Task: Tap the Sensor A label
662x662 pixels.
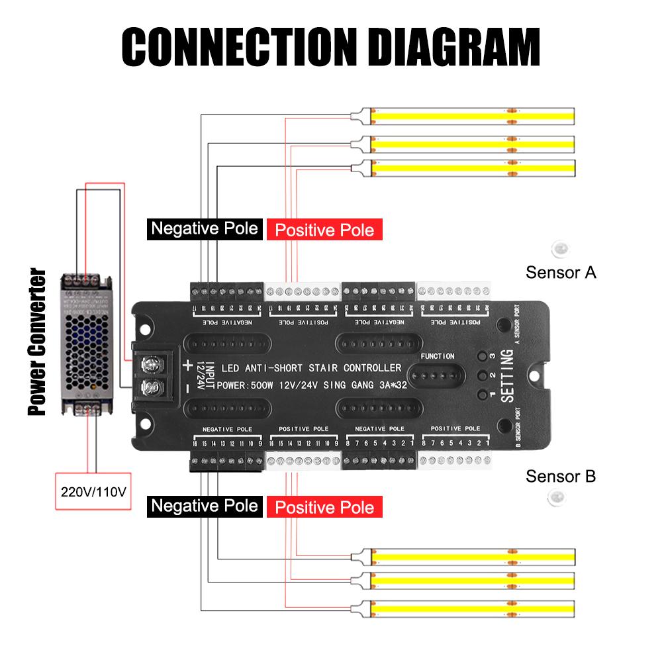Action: (561, 272)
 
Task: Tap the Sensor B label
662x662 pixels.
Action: (561, 476)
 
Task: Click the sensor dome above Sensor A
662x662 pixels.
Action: (560, 249)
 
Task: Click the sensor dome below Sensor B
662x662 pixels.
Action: (558, 497)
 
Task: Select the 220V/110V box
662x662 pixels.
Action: (93, 493)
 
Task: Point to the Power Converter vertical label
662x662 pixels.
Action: (37, 342)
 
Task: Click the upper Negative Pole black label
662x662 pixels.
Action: (204, 229)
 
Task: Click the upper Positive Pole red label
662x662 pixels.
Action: (324, 230)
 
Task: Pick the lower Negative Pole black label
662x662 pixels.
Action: (204, 506)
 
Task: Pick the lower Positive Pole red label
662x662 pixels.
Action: (324, 508)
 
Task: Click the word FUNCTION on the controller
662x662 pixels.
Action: (438, 356)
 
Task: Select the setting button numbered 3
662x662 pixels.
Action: (483, 355)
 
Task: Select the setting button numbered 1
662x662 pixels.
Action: (483, 395)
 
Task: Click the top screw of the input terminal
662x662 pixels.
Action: (151, 363)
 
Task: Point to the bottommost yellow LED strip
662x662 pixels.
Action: (473, 608)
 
